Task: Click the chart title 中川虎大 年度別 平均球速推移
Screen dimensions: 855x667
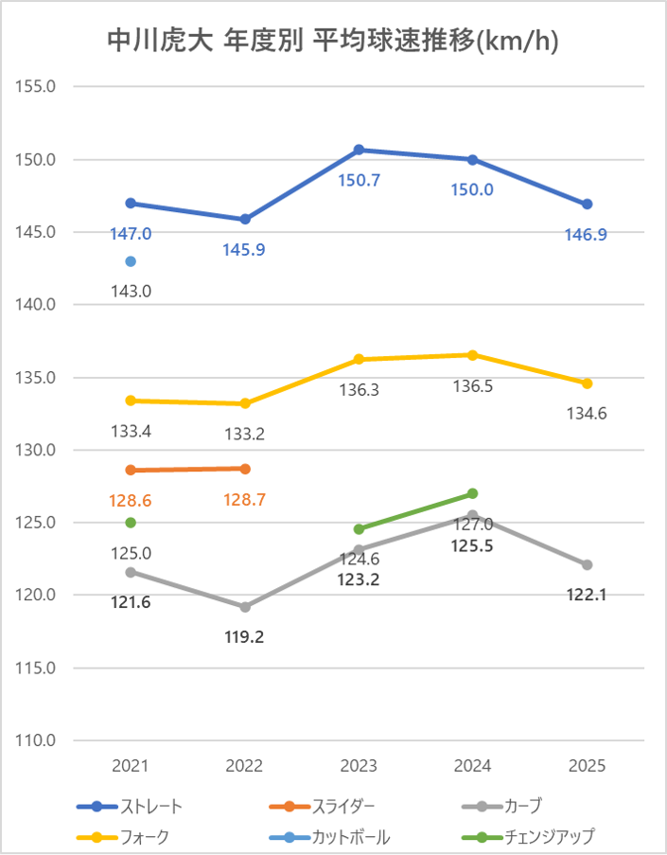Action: tap(333, 41)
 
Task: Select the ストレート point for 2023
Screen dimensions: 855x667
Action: tap(360, 150)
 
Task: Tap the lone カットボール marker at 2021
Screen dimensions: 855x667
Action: tap(131, 261)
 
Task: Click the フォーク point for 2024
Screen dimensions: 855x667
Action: tap(473, 355)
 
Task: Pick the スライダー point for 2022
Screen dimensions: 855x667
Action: tap(245, 469)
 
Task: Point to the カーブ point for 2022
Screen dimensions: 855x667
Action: tap(245, 607)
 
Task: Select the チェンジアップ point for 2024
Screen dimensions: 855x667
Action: tap(473, 493)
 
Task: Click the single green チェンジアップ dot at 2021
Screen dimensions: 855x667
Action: tap(131, 523)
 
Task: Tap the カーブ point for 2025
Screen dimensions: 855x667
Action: tap(587, 564)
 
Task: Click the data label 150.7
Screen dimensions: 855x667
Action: tap(360, 180)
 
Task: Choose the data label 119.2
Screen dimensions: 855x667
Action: tap(245, 637)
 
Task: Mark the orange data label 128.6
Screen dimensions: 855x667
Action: tap(131, 500)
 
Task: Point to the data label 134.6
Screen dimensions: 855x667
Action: tap(587, 414)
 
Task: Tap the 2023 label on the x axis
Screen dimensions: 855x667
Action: tap(360, 766)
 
